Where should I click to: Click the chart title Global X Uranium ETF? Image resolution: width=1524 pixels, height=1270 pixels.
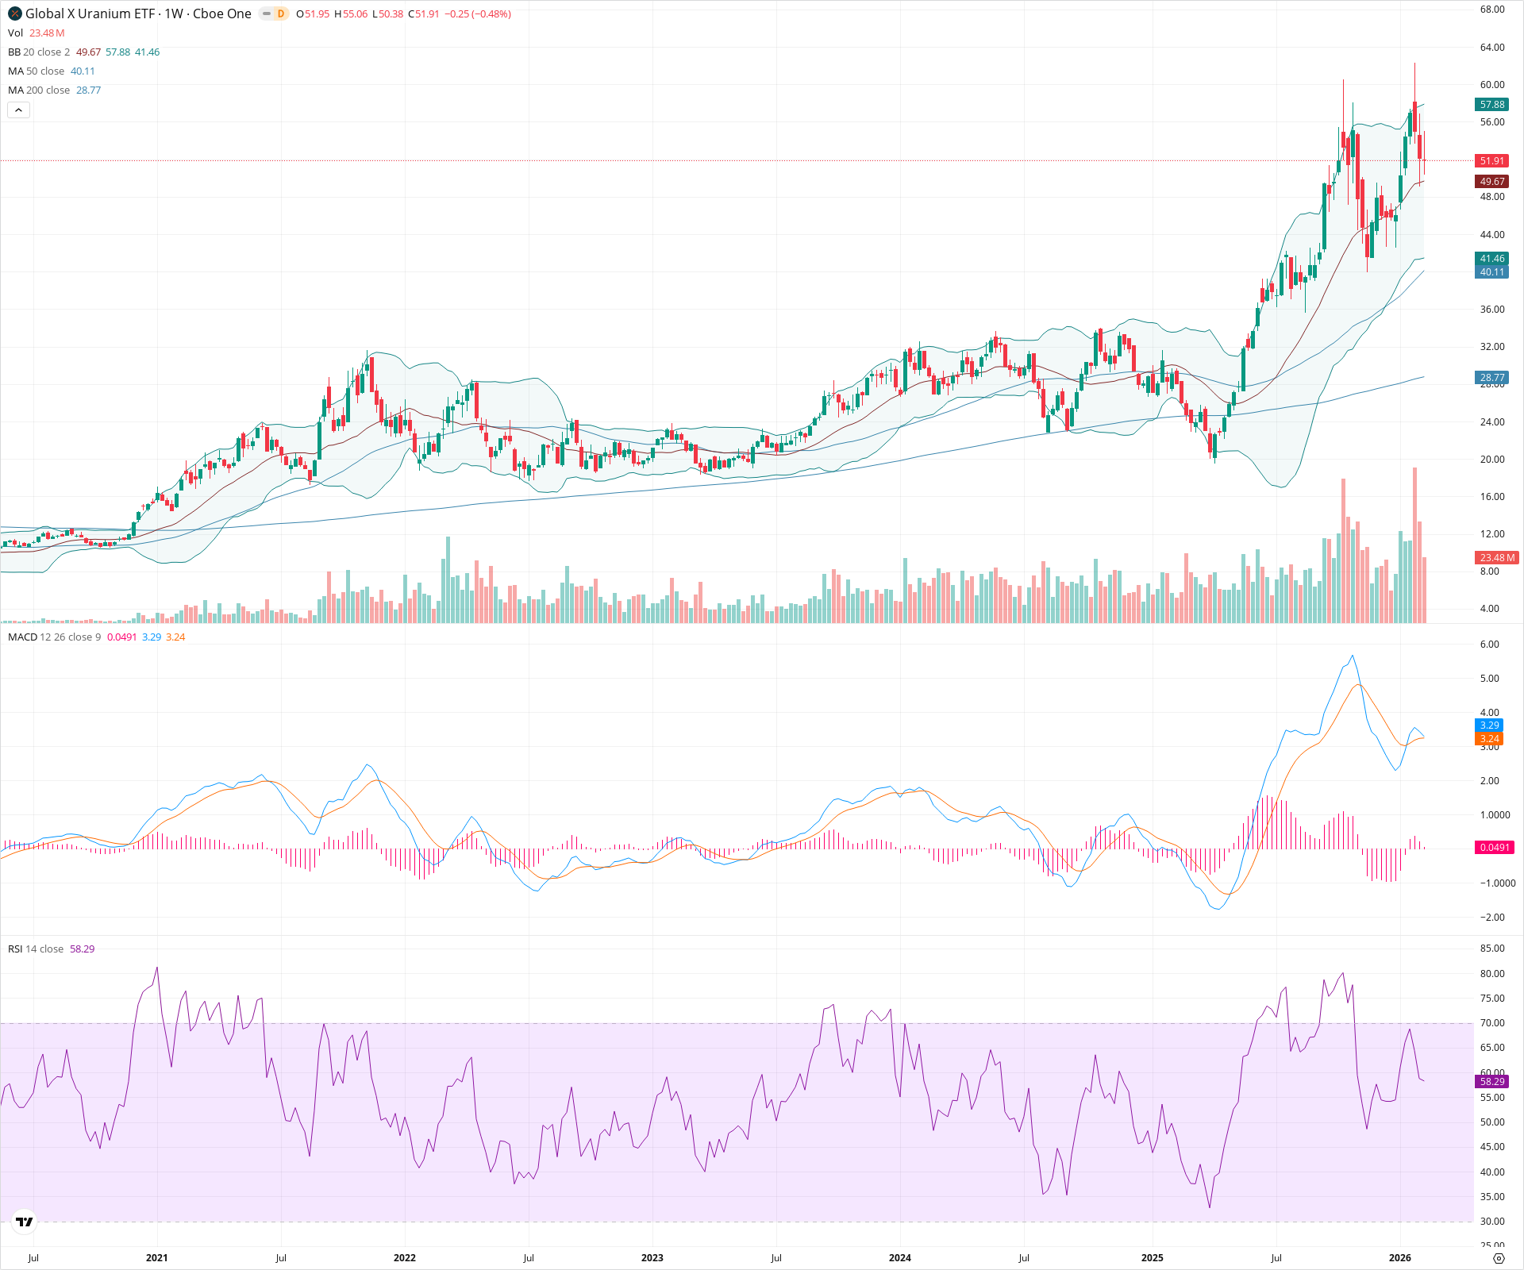click(x=90, y=13)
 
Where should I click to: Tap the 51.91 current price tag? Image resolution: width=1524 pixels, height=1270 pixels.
click(x=1491, y=161)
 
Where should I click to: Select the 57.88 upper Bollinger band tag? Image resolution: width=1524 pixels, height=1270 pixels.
click(x=1491, y=105)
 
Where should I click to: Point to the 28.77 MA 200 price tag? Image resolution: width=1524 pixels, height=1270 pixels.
click(x=1491, y=378)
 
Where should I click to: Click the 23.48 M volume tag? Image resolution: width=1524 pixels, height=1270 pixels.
click(x=1495, y=558)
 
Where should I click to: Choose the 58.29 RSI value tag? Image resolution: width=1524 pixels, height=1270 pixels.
click(x=1491, y=1082)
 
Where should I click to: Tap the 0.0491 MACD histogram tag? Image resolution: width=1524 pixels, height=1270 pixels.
click(x=1494, y=848)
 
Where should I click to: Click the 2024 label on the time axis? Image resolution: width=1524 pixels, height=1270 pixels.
click(x=899, y=1258)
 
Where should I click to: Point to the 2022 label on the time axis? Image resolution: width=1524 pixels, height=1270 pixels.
click(x=404, y=1258)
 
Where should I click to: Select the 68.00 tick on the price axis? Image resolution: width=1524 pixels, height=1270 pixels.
click(x=1491, y=10)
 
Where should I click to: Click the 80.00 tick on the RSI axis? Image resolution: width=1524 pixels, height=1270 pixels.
click(x=1491, y=974)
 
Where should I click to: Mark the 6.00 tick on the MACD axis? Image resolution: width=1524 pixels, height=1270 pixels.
click(x=1489, y=645)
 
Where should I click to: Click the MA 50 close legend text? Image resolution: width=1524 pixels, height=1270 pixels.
click(x=36, y=71)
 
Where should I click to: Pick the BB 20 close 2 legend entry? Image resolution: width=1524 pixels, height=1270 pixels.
click(x=39, y=52)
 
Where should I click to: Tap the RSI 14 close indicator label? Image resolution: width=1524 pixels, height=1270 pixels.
click(x=36, y=949)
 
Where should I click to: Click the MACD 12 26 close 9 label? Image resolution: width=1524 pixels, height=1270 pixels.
click(x=54, y=637)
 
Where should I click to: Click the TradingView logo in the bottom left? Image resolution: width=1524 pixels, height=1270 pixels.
click(x=25, y=1222)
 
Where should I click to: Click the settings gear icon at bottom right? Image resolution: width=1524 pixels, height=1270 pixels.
click(x=1499, y=1259)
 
